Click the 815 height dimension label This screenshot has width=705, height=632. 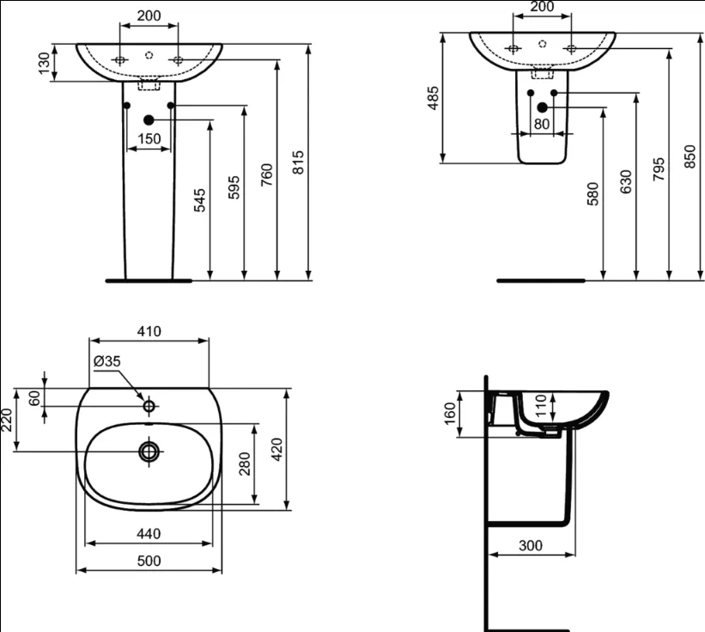299,162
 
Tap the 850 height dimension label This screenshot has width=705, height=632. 690,156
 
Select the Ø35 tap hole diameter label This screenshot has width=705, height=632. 107,361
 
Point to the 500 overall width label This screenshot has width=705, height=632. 149,561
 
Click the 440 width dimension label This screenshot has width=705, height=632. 149,534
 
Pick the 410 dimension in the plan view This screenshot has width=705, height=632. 149,331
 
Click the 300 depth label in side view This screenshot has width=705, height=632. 531,545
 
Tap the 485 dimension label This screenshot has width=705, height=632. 433,98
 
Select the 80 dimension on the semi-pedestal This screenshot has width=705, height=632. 541,124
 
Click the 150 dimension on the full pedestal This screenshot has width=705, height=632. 149,138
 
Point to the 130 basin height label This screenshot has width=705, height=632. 44,63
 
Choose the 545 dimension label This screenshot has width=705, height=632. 199,200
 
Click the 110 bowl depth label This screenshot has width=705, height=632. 541,405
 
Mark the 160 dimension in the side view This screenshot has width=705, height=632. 450,414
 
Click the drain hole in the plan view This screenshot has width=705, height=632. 149,451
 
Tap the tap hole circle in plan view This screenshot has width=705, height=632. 149,407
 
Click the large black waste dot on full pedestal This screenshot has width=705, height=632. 149,120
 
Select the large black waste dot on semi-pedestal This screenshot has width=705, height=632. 542,107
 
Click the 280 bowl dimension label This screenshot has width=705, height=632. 244,464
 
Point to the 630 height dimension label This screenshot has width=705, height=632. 625,181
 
